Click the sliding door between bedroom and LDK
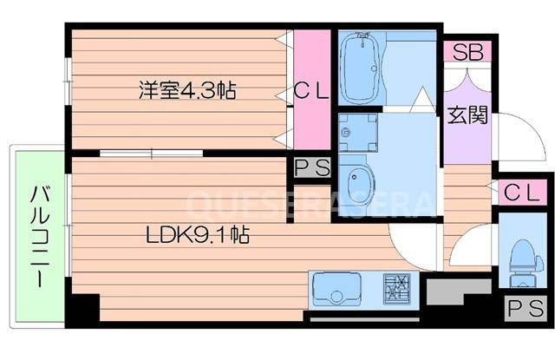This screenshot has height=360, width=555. pos(152,154)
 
